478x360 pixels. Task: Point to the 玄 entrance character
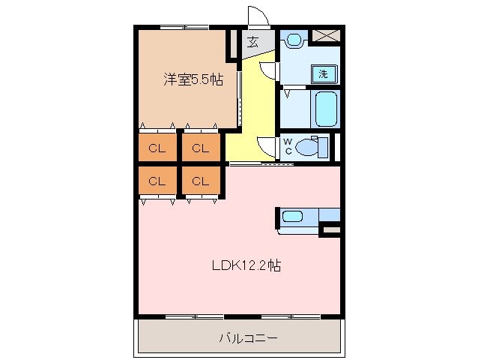click(x=254, y=43)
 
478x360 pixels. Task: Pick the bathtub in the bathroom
click(x=327, y=109)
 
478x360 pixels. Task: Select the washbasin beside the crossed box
click(x=294, y=39)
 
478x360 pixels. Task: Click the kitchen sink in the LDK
click(x=293, y=217)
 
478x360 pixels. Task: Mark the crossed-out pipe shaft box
click(x=325, y=36)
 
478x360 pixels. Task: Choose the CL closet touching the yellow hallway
click(x=200, y=148)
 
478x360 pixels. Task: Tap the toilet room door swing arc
click(x=267, y=147)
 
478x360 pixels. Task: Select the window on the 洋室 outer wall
click(x=184, y=28)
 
